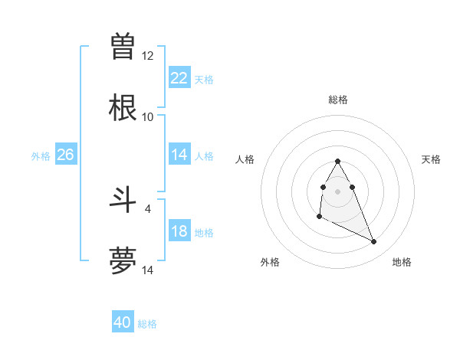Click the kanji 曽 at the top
tap(123, 46)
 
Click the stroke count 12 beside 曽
tap(148, 56)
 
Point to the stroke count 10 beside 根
tap(148, 117)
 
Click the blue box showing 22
tap(179, 78)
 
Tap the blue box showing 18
tap(179, 231)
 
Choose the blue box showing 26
tap(66, 155)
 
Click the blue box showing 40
tap(123, 322)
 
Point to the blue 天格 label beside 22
tap(204, 79)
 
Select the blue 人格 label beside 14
tap(204, 155)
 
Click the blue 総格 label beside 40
tap(147, 323)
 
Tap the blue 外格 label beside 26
tap(41, 155)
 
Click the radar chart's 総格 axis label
tap(338, 100)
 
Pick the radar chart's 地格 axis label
tap(402, 262)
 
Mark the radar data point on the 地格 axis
tap(374, 242)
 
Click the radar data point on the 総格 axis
tap(337, 161)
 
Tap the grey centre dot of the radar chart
tap(337, 190)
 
